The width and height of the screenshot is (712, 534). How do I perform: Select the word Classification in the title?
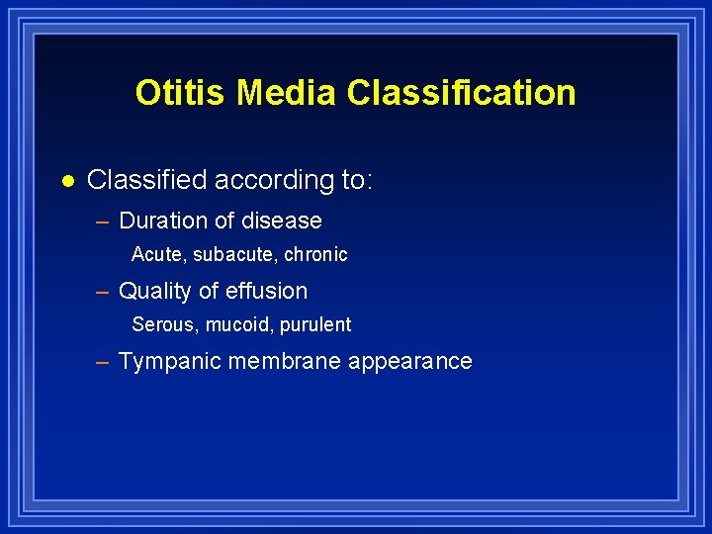point(461,92)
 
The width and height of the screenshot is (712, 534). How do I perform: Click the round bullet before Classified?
point(67,181)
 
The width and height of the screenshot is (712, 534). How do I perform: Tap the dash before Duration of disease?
point(102,221)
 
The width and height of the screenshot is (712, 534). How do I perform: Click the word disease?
point(281,221)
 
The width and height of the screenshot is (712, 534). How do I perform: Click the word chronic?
point(315,254)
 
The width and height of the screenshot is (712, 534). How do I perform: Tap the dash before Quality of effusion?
point(102,291)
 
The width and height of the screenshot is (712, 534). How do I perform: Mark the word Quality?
point(153,291)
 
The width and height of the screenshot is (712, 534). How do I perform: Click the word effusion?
point(267,291)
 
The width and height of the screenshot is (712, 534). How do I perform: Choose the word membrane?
point(286,362)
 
